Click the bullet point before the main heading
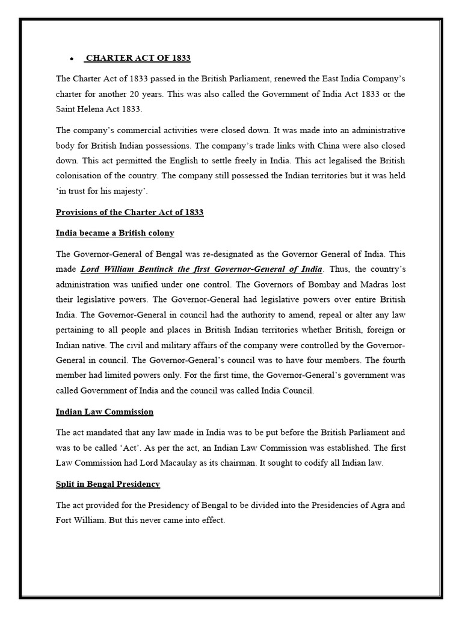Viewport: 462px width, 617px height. click(71, 59)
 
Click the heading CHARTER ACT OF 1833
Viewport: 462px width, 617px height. click(138, 58)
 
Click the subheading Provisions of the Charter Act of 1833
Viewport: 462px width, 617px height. click(129, 212)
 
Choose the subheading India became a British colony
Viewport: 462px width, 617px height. click(115, 233)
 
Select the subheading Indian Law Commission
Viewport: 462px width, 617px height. click(105, 412)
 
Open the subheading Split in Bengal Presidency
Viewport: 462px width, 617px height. click(108, 484)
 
